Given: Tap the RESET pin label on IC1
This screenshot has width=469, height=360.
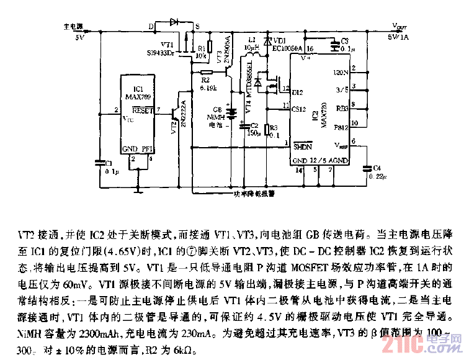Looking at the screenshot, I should [143, 110].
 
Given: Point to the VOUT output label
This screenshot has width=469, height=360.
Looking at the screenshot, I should [400, 27].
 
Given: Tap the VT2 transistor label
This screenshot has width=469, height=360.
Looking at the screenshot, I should [174, 126].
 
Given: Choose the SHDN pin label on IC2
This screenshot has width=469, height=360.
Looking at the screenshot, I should [302, 148].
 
